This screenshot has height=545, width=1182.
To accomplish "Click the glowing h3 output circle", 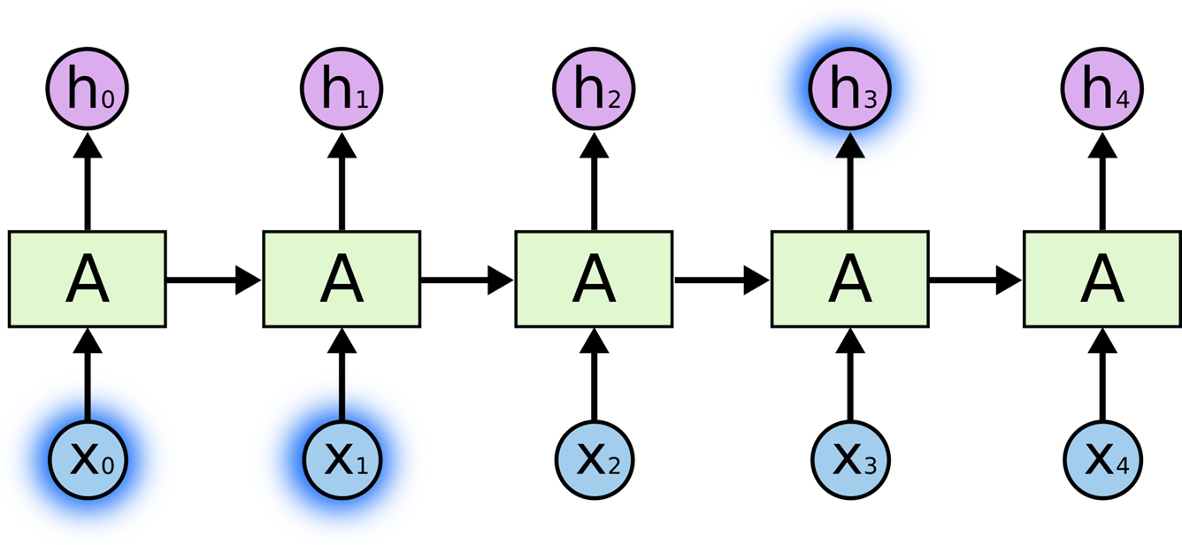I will click(850, 88).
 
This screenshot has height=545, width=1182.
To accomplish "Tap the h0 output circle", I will click(87, 88).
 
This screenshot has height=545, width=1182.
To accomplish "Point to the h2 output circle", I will click(594, 88).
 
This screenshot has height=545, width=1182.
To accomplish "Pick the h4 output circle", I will click(1102, 88).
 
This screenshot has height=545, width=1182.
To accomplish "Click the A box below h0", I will click(87, 280).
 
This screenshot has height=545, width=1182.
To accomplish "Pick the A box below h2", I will click(594, 280).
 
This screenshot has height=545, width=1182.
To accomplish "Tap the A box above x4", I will click(1102, 280).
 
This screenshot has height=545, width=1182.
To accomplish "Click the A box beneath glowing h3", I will click(850, 280).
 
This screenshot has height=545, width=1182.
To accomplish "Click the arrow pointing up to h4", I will click(1102, 181).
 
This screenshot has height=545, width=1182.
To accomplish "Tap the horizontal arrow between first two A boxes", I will click(213, 280).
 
